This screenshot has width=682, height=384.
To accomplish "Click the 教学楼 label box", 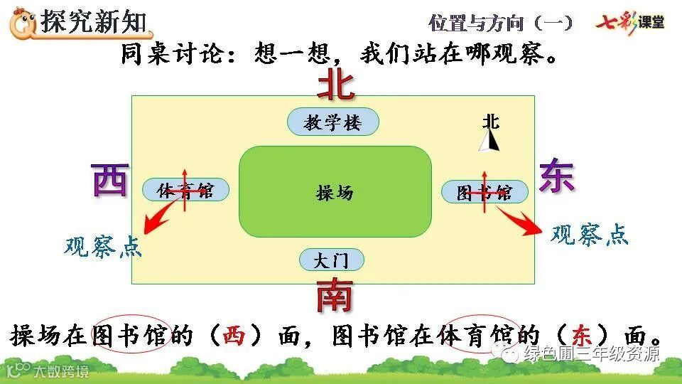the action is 332,122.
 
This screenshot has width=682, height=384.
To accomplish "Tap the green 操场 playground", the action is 335,192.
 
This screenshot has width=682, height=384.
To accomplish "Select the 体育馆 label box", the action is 186,190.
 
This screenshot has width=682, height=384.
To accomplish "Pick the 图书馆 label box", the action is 485,192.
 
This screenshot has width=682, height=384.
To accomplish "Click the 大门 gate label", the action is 331,260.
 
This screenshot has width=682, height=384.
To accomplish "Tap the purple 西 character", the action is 111,179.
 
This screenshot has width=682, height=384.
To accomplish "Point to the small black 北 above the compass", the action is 490,121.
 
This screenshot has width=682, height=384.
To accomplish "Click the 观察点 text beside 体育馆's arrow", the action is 102,247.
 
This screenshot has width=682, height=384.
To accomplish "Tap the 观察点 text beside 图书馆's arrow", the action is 590,235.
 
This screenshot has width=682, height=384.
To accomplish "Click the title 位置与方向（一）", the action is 500,23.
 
